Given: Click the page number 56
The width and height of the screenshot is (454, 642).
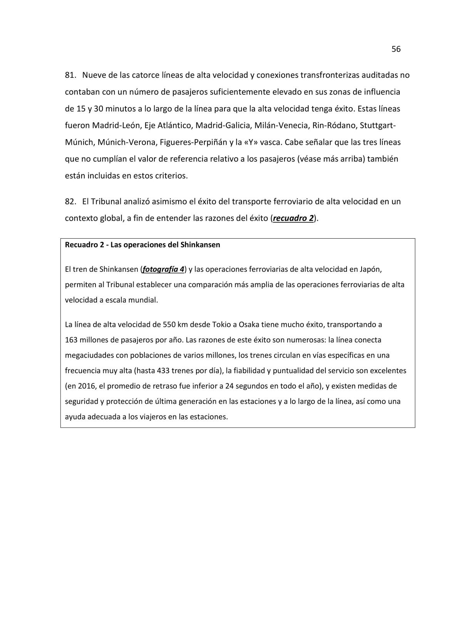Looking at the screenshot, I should (x=396, y=49).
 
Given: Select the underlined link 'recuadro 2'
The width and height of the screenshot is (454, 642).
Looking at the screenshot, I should (x=293, y=218).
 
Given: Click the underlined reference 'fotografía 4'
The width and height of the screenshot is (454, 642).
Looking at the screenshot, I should (x=163, y=269).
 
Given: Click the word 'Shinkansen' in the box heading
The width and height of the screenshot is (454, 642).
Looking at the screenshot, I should (x=200, y=245).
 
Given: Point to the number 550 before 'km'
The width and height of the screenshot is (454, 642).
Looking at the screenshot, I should (x=169, y=324).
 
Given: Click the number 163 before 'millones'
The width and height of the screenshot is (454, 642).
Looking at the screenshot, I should (x=71, y=340).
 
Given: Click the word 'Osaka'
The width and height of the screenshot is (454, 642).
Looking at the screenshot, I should (x=249, y=324).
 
